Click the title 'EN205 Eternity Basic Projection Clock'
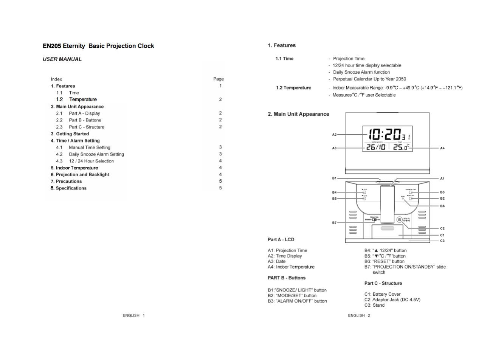pyautogui.click(x=98, y=46)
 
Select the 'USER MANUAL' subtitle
pyautogui.click(x=62, y=59)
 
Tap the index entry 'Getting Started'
pyautogui.click(x=72, y=134)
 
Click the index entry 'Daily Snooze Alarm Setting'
pyautogui.click(x=96, y=154)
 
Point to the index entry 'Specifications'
pyautogui.click(x=71, y=188)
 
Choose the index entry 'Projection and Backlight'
pyautogui.click(x=82, y=175)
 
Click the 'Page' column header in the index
pyautogui.click(x=219, y=79)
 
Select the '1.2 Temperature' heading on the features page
pyautogui.click(x=293, y=88)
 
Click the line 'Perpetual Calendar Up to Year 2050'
pyautogui.click(x=369, y=79)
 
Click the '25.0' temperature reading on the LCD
pyautogui.click(x=401, y=147)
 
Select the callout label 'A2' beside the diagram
pyautogui.click(x=334, y=135)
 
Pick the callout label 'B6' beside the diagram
pyautogui.click(x=442, y=206)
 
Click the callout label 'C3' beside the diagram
pyautogui.click(x=442, y=241)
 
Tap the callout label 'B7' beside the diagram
pyautogui.click(x=334, y=223)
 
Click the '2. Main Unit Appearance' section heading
pyautogui.click(x=298, y=114)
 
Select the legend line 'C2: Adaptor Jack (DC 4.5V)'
pyautogui.click(x=392, y=299)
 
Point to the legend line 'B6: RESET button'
pyautogui.click(x=384, y=261)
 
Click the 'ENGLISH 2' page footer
pyautogui.click(x=359, y=315)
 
